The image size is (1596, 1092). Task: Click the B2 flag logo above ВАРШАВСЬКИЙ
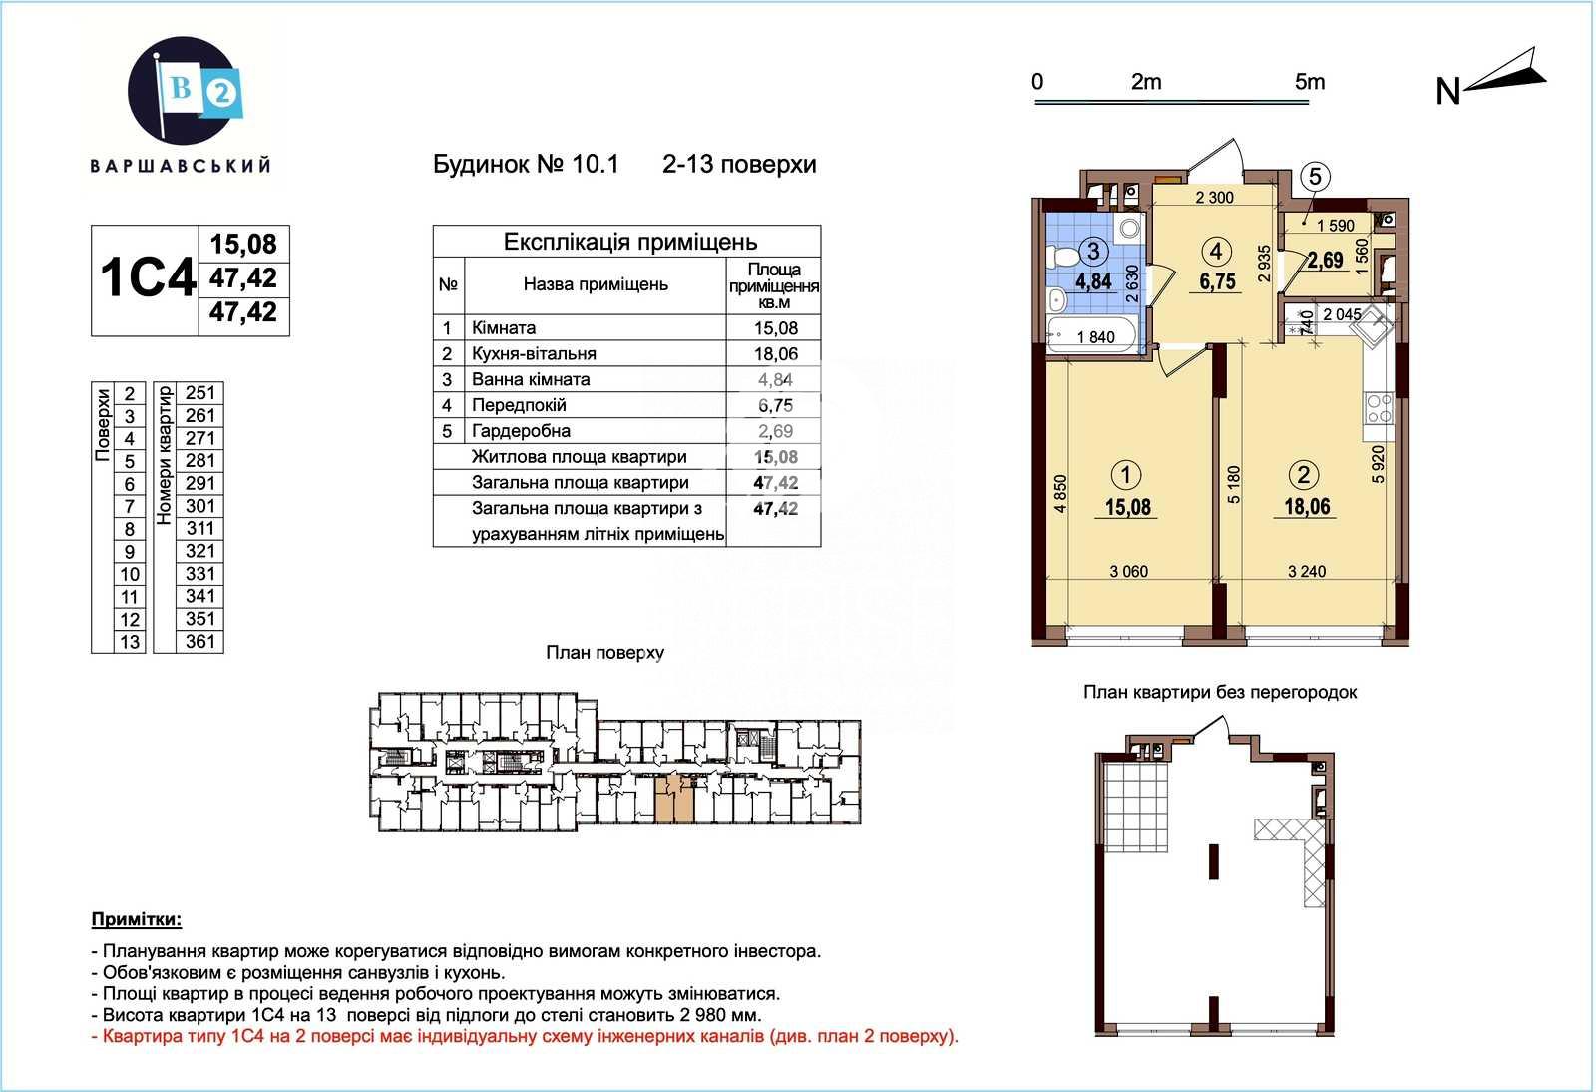[185, 90]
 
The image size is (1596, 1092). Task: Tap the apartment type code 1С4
[147, 277]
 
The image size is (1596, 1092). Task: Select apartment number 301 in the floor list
[200, 506]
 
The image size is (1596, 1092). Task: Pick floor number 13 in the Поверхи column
[130, 642]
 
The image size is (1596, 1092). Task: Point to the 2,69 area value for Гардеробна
[775, 431]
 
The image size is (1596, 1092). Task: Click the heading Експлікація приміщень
[629, 242]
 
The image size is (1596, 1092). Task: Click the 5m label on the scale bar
[1310, 82]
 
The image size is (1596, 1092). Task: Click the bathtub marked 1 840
[1092, 334]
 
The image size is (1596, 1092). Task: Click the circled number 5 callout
[1316, 176]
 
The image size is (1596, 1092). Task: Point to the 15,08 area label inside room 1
[1128, 507]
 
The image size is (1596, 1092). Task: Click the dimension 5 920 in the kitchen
[1378, 465]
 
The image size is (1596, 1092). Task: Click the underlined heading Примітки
[137, 919]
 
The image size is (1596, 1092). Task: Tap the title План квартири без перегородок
[1220, 692]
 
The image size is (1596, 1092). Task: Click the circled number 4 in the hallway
[1216, 251]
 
